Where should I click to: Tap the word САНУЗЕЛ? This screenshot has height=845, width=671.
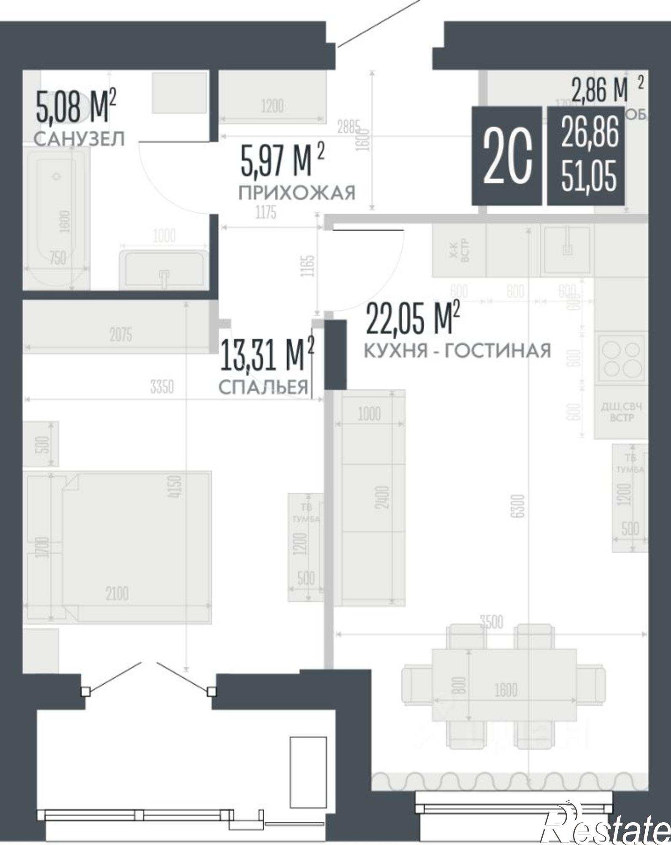[x=79, y=139]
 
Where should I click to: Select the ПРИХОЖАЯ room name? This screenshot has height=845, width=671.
[x=297, y=193]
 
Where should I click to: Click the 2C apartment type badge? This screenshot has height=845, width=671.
[x=507, y=156]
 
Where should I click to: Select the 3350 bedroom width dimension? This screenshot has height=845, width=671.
[x=162, y=387]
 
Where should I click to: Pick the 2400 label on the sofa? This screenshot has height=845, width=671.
[x=383, y=497]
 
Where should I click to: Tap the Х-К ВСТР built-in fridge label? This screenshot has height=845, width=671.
[x=459, y=250]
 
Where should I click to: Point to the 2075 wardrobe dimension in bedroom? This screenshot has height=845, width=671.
[x=121, y=335]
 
